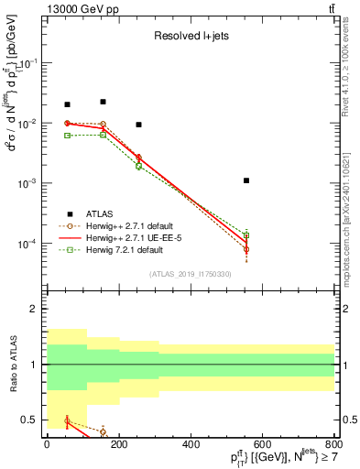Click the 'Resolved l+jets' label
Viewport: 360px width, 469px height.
(x=190, y=38)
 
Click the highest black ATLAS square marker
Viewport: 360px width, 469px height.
(x=103, y=102)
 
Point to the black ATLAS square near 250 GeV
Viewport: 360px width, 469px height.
(x=138, y=125)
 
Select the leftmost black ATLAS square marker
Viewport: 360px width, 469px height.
(x=67, y=104)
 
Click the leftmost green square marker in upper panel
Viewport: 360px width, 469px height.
(x=67, y=136)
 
